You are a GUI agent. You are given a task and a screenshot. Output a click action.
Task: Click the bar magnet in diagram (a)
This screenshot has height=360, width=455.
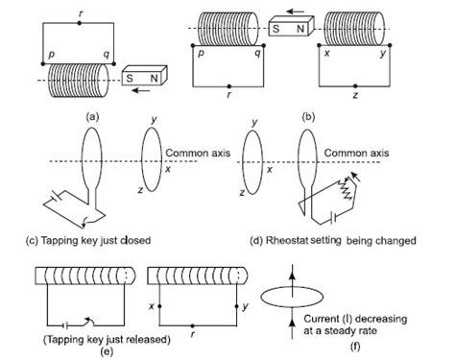point(141,75)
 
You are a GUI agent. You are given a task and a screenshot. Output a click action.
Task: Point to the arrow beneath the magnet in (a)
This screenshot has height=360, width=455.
point(142,93)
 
